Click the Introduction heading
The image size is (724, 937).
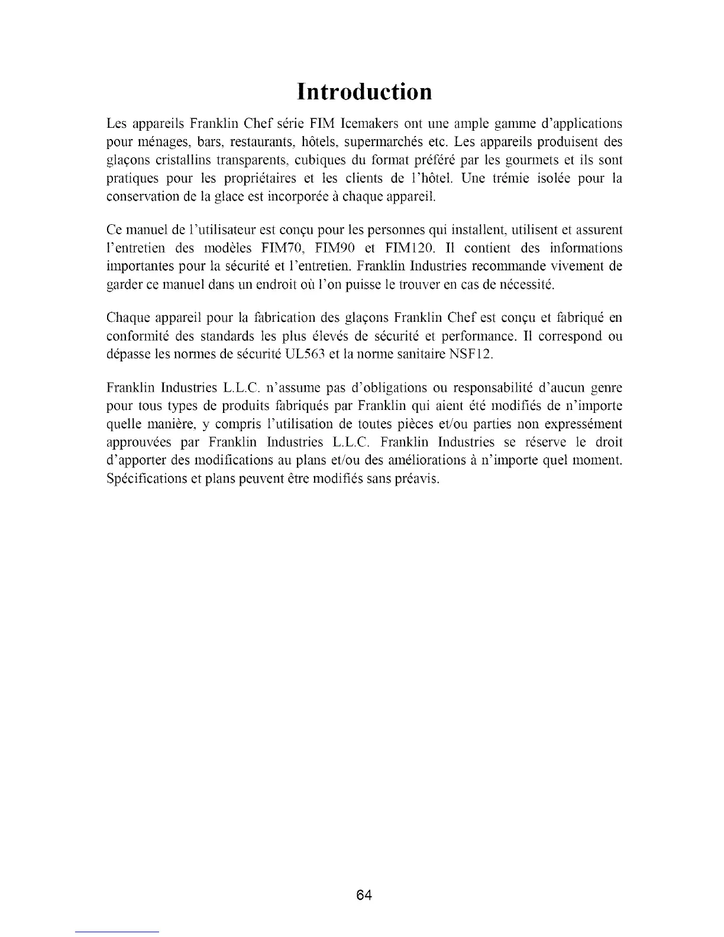364,92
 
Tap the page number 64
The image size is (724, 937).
364,895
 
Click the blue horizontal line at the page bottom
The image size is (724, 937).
118,932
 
